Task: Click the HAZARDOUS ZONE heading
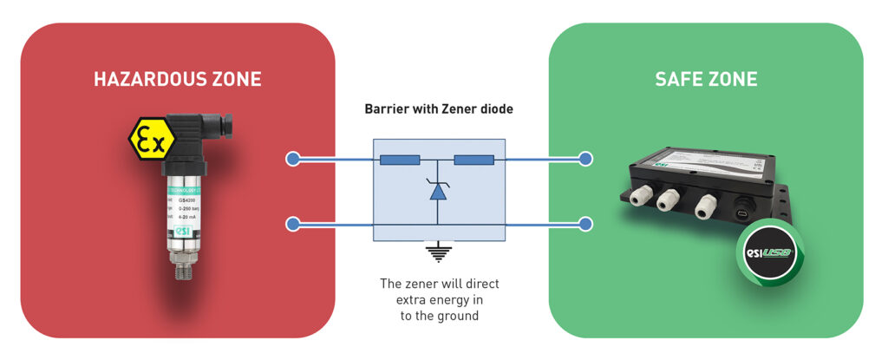click(177, 80)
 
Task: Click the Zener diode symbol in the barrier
click(439, 190)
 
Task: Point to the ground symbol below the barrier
click(439, 253)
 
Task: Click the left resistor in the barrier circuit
click(400, 160)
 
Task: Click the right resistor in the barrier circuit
click(473, 160)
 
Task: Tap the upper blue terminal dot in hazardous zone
click(293, 160)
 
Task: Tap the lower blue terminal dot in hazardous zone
click(293, 225)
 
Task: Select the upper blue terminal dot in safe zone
click(586, 160)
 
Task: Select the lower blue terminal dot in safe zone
click(586, 225)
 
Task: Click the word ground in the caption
click(458, 316)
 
